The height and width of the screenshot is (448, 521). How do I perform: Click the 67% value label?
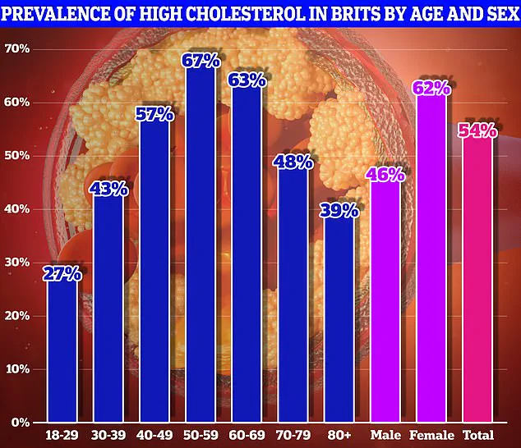point(202,62)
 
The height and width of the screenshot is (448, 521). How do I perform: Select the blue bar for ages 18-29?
point(63,349)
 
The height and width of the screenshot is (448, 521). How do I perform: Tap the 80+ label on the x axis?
point(340,433)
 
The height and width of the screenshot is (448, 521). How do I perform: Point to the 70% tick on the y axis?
point(17,48)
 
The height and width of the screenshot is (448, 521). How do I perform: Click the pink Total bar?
point(478,279)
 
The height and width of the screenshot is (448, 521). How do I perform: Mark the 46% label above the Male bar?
point(386,174)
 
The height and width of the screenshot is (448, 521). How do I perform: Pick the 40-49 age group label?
point(156,433)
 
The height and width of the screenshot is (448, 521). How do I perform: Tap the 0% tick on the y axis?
point(21,422)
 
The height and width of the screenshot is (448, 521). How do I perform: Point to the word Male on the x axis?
point(386,433)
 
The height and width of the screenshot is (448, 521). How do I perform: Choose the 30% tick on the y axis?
point(17,262)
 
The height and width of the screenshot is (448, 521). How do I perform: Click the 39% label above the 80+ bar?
point(340,210)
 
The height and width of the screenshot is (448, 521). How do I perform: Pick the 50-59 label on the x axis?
point(202,433)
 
